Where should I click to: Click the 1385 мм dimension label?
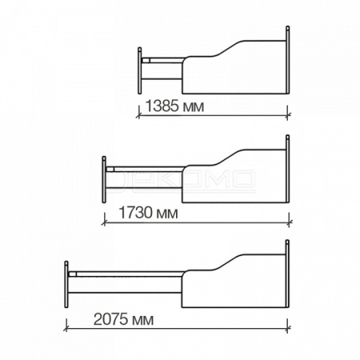click(x=174, y=106)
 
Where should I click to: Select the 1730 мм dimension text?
click(x=148, y=213)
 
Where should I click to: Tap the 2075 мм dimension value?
click(x=123, y=319)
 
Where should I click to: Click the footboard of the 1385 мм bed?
click(x=140, y=70)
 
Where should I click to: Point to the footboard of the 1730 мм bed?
click(x=104, y=179)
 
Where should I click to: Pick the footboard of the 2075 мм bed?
click(x=66, y=285)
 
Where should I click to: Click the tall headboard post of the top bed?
click(x=287, y=60)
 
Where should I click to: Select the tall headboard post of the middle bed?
click(x=287, y=169)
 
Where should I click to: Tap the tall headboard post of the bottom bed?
click(x=287, y=274)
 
